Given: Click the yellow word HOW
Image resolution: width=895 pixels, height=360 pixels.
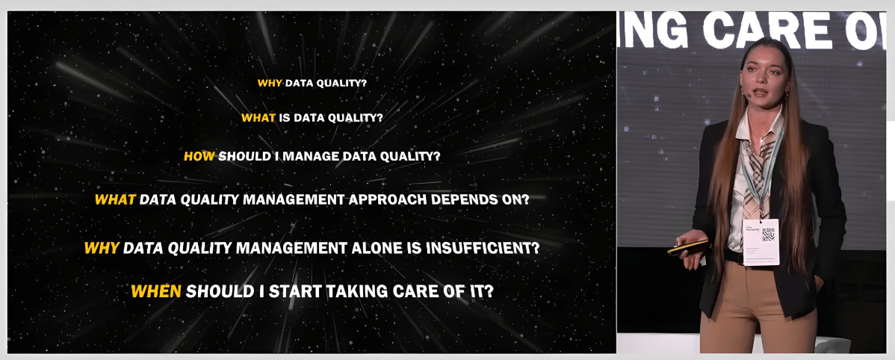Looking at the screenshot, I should point(199,157).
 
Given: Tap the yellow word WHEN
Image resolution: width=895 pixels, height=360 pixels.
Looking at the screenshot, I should point(155,291).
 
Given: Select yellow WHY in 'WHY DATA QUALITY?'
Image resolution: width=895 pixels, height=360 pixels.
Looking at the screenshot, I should point(270,83).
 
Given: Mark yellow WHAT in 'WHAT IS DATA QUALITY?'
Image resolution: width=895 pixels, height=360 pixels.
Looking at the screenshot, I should point(258,118).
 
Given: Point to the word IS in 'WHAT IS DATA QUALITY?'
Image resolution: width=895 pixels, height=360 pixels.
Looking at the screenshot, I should point(285,118).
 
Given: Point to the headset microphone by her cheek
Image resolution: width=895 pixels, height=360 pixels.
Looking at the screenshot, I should point(746,95).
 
